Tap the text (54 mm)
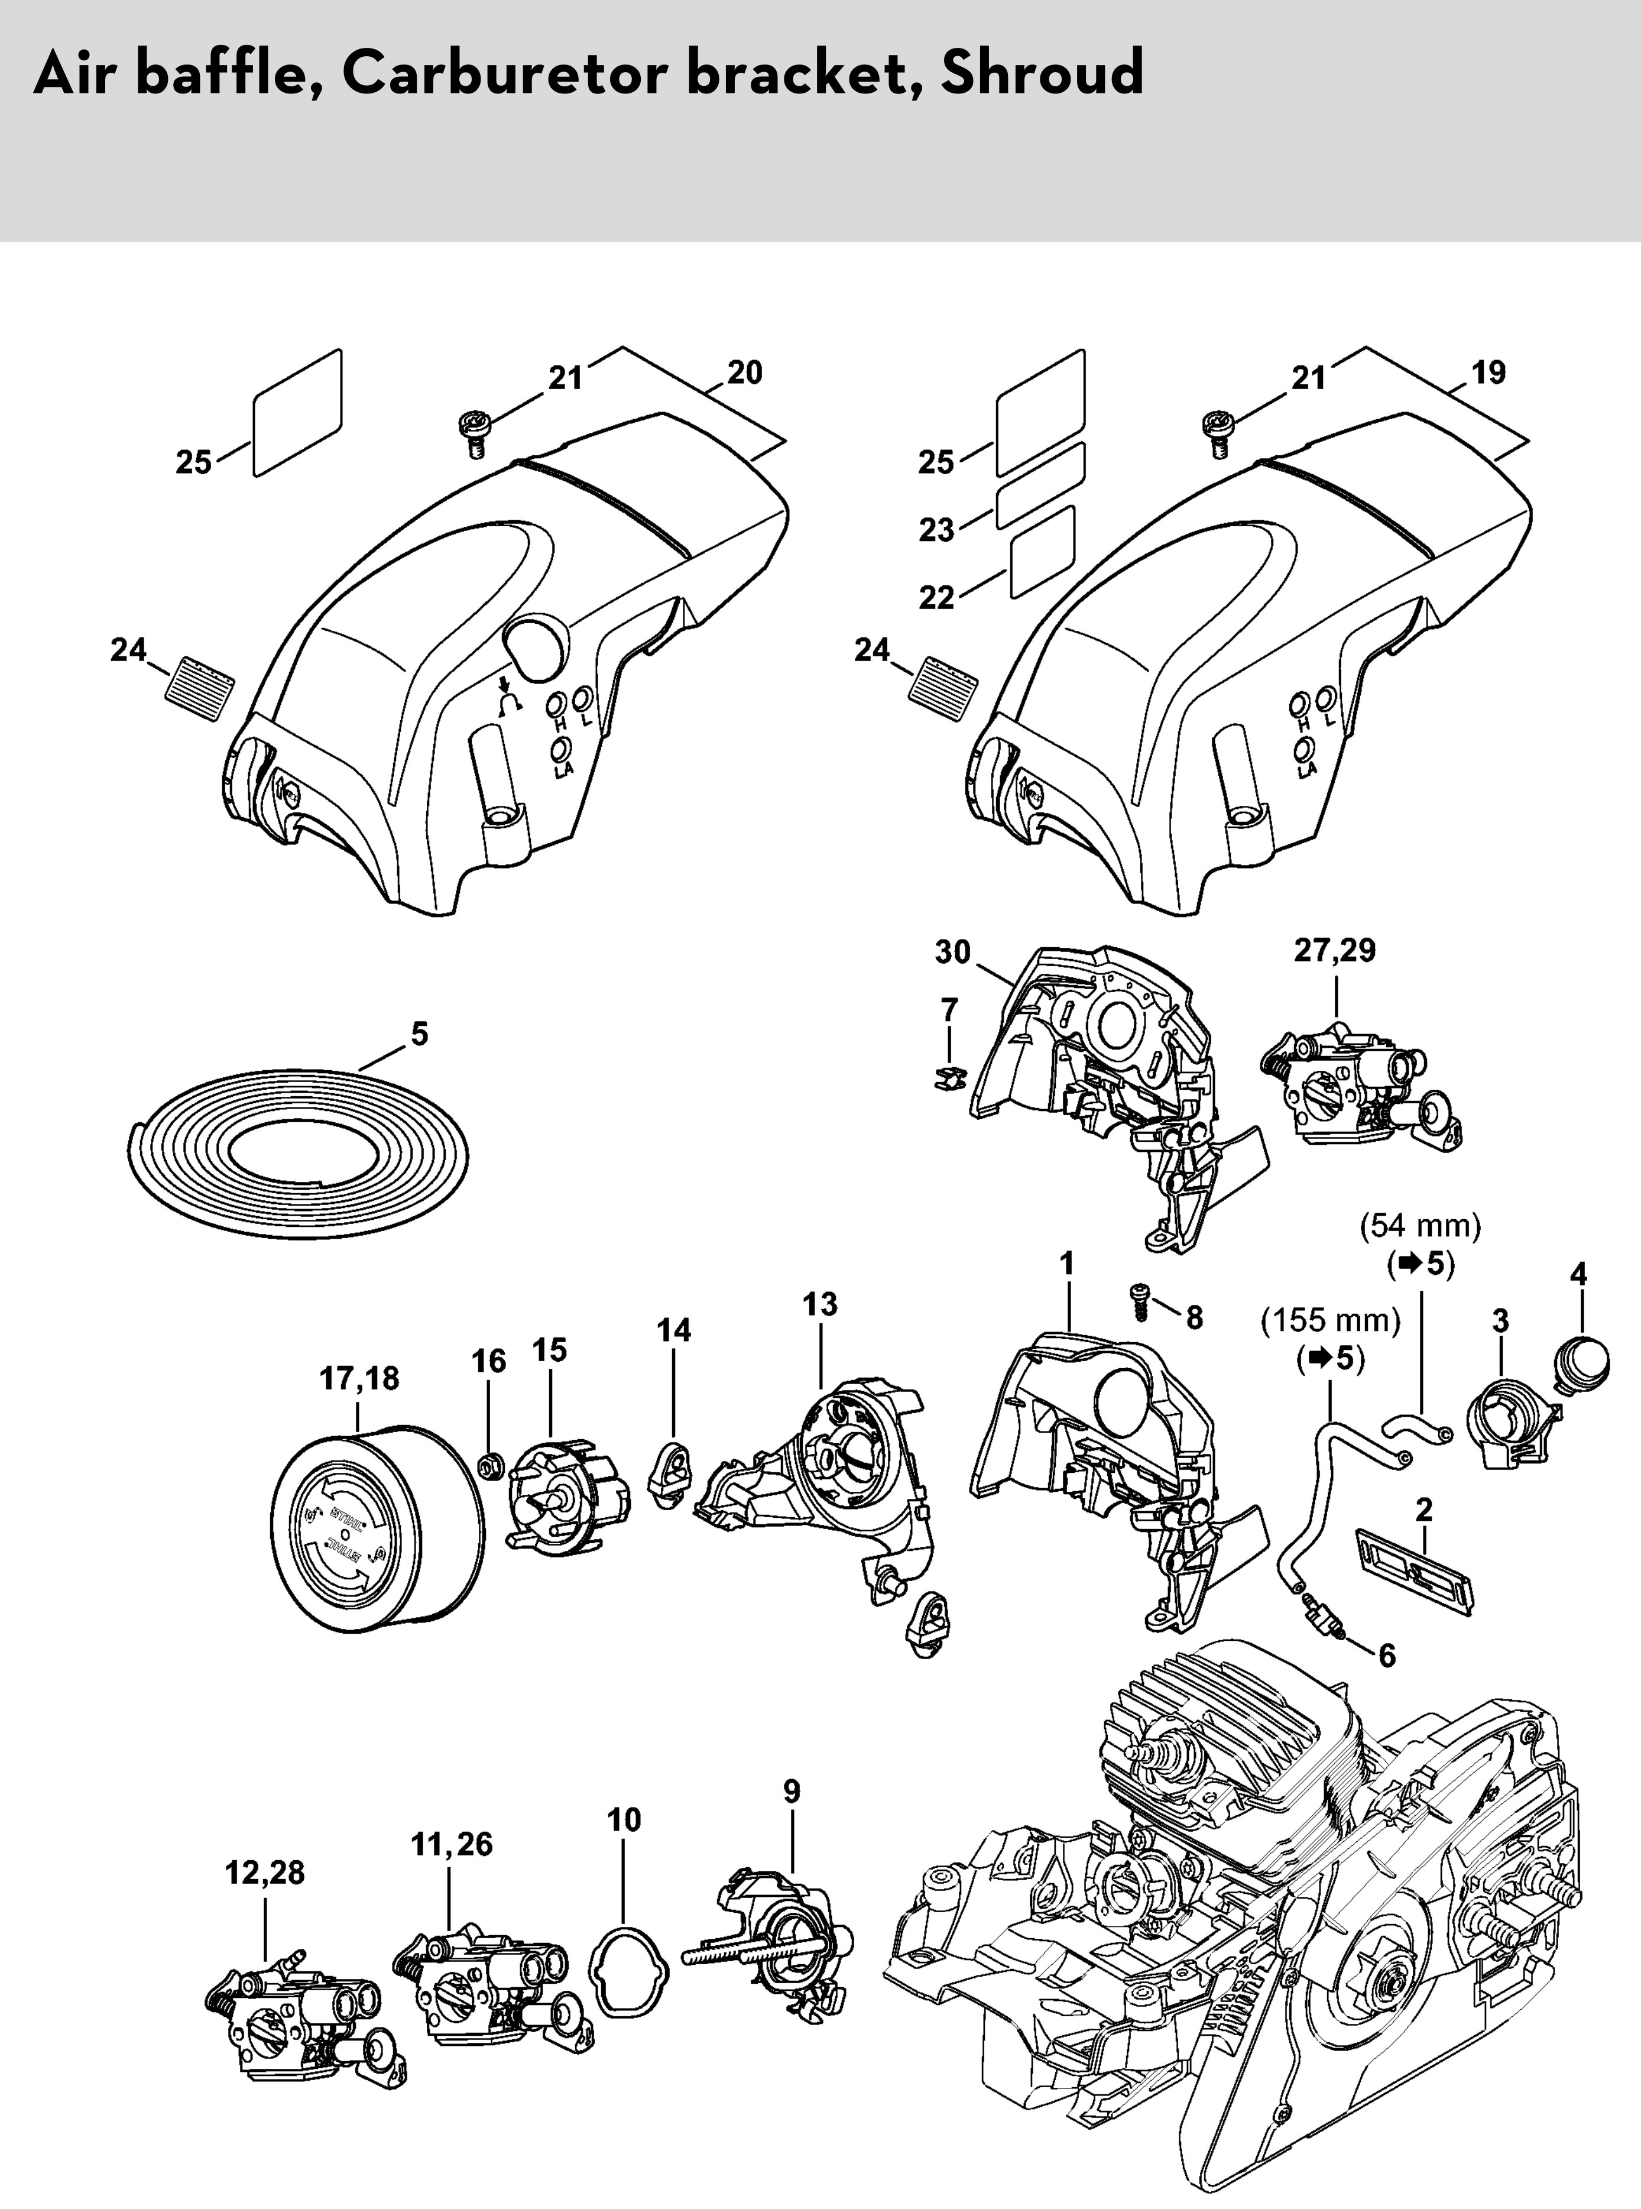click(1419, 1226)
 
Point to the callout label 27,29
click(1334, 950)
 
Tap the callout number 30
click(952, 952)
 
